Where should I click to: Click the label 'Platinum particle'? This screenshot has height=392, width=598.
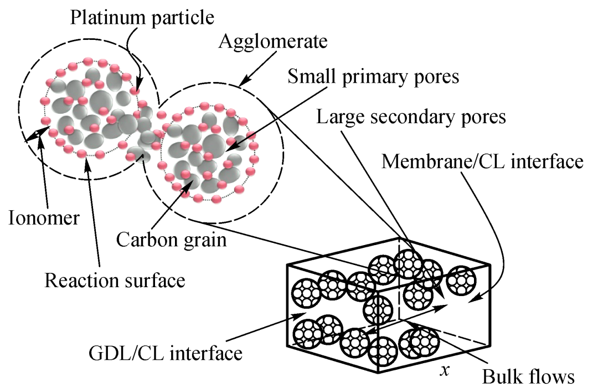point(142,18)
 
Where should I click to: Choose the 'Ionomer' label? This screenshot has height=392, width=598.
point(44,217)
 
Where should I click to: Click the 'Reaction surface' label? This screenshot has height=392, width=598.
point(115,280)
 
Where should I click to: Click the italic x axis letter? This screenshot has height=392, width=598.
point(444,371)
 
